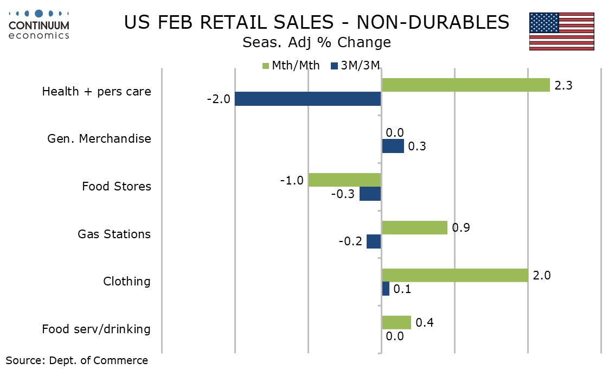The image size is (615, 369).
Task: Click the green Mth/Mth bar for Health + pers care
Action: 465,85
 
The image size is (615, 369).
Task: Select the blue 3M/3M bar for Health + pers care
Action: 308,99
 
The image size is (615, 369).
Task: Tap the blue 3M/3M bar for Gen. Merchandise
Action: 393,146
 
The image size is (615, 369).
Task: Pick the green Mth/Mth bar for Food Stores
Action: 345,180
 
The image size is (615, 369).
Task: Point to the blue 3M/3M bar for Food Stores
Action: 370,194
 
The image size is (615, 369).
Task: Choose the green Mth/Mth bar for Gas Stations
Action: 414,227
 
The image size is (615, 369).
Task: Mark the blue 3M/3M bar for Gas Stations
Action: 374,241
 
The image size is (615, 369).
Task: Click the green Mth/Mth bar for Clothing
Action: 454,275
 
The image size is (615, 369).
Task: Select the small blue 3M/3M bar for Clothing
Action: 386,289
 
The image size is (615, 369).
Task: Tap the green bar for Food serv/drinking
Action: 396,322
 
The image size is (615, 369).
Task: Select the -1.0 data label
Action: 291,180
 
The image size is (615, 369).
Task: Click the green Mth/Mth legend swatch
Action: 266,66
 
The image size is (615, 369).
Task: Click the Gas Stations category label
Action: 114,234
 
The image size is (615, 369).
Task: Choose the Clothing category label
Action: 127,282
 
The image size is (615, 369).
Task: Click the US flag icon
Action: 562,31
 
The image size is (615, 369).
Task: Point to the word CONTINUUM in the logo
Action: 39,25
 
